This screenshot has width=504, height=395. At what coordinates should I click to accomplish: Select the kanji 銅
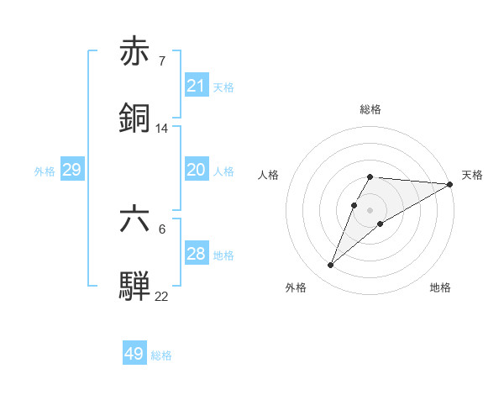tap(134, 118)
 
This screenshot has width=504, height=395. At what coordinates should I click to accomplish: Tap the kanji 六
tap(134, 220)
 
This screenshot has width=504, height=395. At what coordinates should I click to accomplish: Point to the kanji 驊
tap(134, 286)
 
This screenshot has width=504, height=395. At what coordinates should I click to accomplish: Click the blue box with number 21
tap(197, 86)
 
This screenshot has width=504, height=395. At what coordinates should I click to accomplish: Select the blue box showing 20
tap(197, 170)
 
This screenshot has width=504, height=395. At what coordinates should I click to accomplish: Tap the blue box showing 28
tap(197, 254)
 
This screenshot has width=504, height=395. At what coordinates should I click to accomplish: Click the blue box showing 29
tap(71, 170)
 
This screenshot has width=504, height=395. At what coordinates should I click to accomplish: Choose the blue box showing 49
tap(134, 354)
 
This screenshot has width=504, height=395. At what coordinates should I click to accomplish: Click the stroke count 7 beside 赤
tap(161, 61)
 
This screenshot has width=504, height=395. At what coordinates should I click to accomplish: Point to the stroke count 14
tap(162, 129)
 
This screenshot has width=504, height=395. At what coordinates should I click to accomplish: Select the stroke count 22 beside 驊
tap(162, 296)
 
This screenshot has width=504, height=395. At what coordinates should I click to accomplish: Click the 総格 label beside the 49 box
tap(161, 355)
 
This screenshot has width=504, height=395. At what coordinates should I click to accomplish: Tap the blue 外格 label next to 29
tap(45, 171)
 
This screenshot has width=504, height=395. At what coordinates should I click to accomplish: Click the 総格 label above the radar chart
tap(370, 109)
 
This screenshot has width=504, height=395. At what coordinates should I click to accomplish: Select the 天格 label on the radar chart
tap(472, 175)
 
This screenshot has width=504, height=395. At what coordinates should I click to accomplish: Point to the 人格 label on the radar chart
tap(269, 175)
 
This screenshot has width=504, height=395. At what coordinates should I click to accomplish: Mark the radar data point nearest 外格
tap(331, 266)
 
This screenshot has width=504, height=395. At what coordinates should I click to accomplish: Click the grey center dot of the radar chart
tap(370, 210)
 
